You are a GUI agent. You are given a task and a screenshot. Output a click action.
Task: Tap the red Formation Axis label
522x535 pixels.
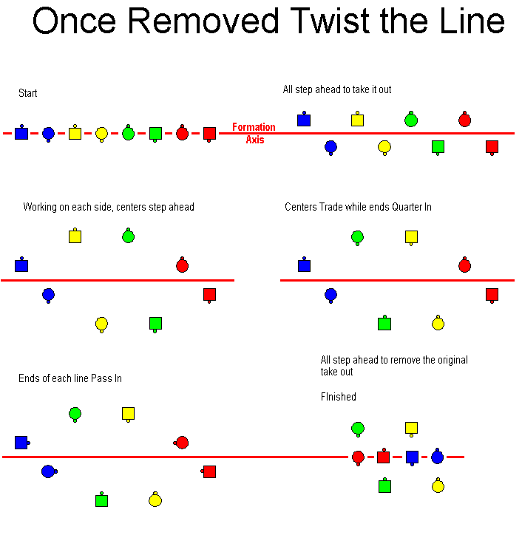click(254, 133)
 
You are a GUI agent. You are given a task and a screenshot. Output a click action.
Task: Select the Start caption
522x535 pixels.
click(27, 93)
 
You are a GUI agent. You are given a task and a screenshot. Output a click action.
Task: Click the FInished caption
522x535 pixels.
click(339, 397)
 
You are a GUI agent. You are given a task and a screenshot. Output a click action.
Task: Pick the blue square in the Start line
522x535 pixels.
click(21, 132)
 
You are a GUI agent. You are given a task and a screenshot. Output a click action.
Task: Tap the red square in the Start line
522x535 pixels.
click(209, 134)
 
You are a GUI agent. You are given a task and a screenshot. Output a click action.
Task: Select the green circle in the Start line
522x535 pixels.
click(129, 132)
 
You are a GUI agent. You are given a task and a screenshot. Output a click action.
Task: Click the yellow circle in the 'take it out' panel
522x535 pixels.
click(384, 148)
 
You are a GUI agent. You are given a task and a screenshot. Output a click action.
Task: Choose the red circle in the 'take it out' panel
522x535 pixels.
click(464, 119)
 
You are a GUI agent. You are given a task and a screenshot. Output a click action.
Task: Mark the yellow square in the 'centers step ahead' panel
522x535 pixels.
click(75, 236)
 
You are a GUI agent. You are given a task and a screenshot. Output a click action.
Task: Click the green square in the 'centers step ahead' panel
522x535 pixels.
click(155, 324)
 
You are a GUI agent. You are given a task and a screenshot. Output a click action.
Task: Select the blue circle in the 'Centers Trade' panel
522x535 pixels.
click(331, 296)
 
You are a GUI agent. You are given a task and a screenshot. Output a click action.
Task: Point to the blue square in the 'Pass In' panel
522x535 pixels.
click(22, 443)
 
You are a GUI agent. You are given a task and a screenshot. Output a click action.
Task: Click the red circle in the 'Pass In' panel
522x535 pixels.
click(181, 443)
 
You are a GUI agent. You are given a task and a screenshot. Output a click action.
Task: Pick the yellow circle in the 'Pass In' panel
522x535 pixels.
click(155, 500)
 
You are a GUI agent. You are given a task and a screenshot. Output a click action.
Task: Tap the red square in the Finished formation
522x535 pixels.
click(384, 456)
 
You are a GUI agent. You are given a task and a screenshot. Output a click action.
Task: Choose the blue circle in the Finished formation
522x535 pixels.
click(437, 456)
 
